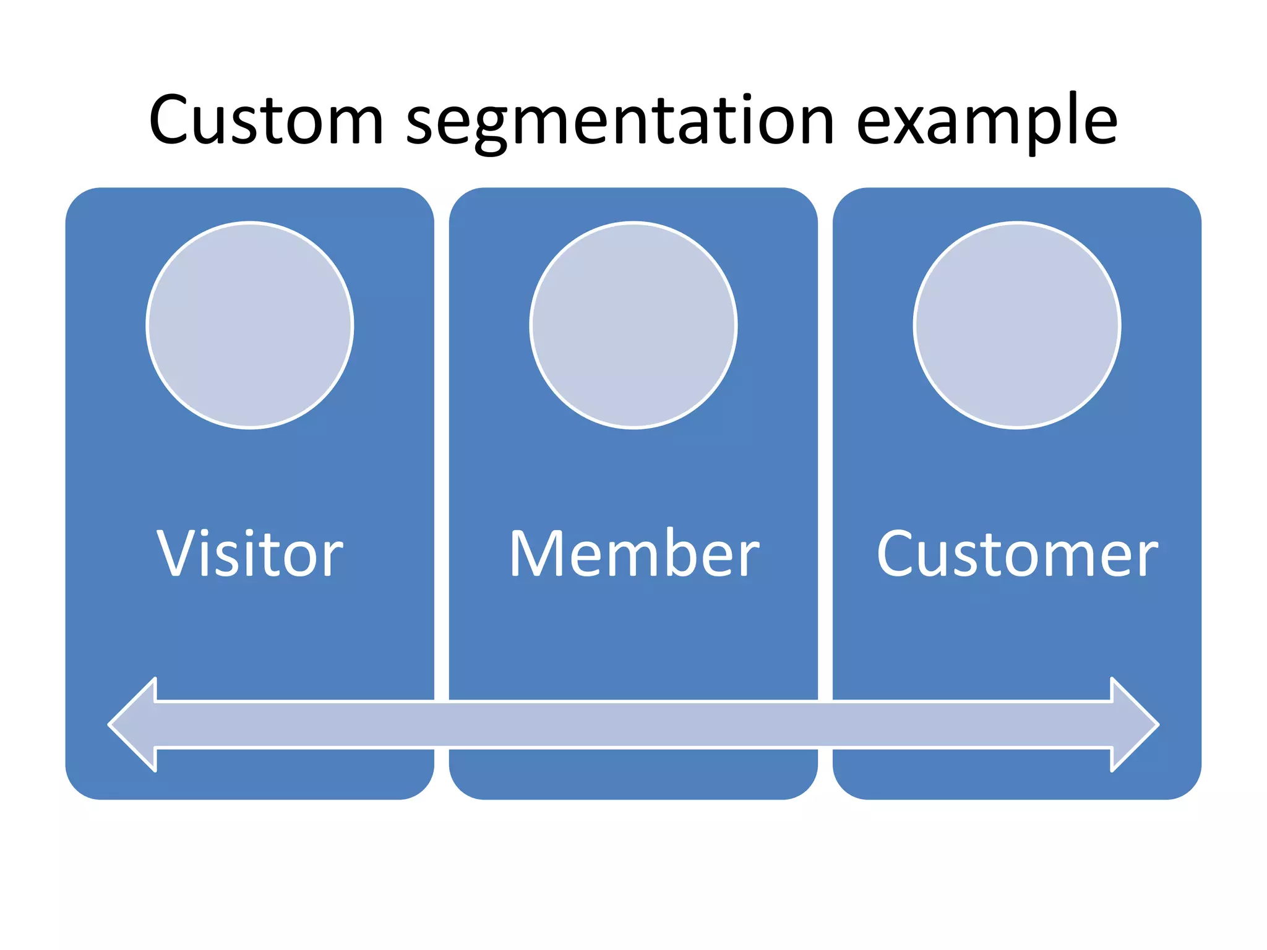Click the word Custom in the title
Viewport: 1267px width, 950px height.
pyautogui.click(x=266, y=121)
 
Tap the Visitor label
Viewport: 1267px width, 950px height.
pyautogui.click(x=249, y=554)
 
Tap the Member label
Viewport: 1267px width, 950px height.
pyautogui.click(x=633, y=554)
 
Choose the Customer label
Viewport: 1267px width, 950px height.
pyautogui.click(x=1017, y=554)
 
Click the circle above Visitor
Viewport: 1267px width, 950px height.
pyautogui.click(x=250, y=325)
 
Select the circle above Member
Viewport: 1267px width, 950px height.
pyautogui.click(x=633, y=325)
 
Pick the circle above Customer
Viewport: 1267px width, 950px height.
pyautogui.click(x=1017, y=325)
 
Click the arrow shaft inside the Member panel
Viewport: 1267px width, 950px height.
pyautogui.click(x=633, y=724)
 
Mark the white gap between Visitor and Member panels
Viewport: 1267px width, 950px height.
pyautogui.click(x=442, y=433)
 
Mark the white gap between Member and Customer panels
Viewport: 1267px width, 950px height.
pyautogui.click(x=825, y=433)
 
